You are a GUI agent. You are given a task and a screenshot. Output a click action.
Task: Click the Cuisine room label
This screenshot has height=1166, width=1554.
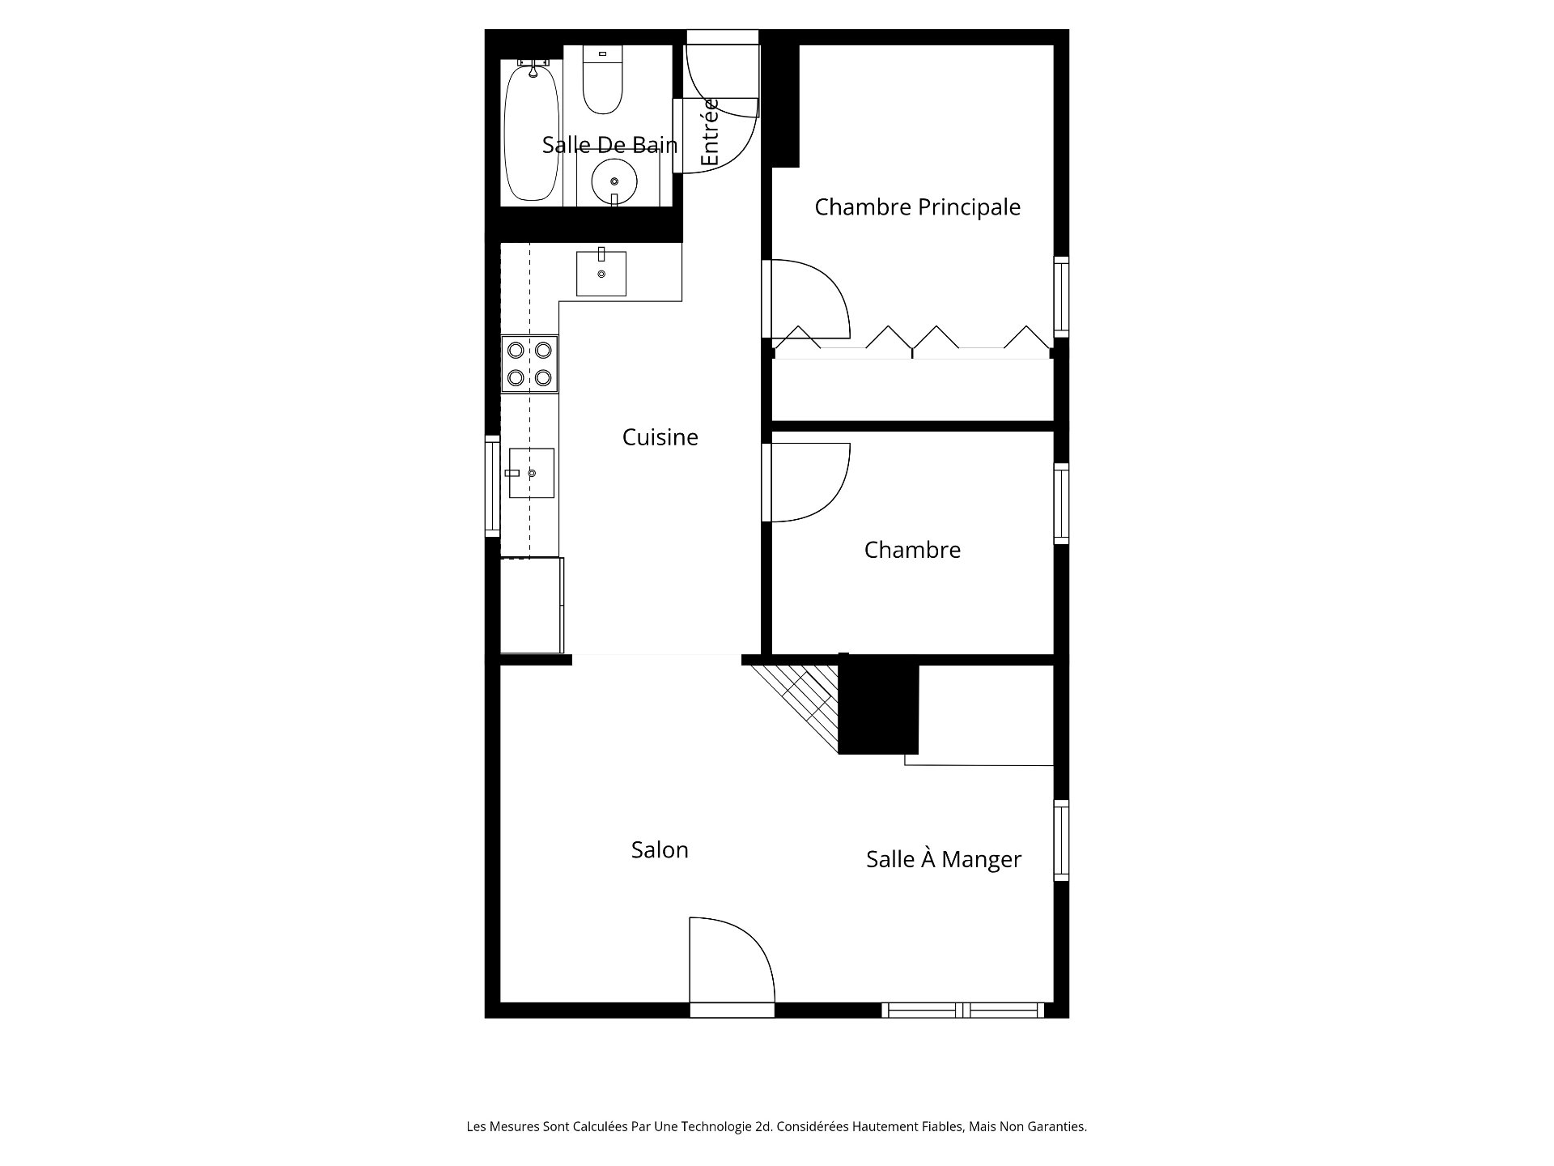660,437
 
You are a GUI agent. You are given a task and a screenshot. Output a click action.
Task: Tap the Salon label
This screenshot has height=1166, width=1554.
660,849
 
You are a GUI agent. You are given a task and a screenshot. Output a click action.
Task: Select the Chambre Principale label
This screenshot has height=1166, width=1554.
917,207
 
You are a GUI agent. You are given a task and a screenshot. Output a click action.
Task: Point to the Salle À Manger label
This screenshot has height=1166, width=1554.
943,859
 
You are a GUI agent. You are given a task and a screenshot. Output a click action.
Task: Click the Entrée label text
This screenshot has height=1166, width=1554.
710,133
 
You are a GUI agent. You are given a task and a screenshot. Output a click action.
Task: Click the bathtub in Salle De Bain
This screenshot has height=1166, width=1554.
531,134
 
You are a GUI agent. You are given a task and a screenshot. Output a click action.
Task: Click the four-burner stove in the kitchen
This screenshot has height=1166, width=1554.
529,364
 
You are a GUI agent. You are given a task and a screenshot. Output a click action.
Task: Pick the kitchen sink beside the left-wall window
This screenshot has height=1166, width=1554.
531,473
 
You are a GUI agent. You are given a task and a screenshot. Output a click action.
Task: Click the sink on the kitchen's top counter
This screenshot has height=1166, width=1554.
601,274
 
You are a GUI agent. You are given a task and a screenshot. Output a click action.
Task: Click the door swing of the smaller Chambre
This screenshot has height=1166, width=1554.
805,482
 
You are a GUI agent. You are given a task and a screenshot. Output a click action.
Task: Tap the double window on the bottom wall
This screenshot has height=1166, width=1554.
962,1010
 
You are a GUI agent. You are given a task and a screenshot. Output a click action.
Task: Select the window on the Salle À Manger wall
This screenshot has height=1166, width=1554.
1061,840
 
